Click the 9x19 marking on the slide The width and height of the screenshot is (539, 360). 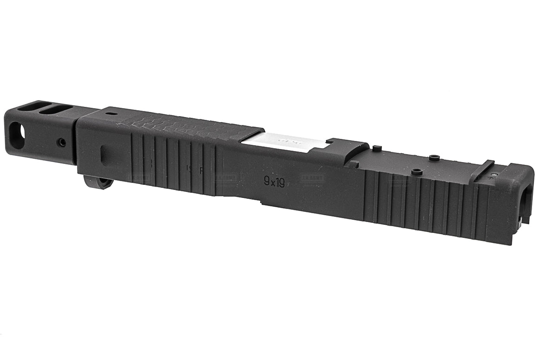click(x=274, y=182)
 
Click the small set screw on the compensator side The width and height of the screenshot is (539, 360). click(x=61, y=143)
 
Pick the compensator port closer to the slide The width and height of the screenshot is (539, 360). click(x=56, y=110)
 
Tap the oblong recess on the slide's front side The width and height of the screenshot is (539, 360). click(x=104, y=155)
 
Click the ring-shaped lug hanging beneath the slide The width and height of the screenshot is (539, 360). click(x=99, y=182)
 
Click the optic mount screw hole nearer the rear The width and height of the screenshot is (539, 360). click(x=434, y=158)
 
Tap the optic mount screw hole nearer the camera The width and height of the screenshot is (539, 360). click(x=417, y=172)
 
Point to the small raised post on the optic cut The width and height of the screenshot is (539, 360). click(x=377, y=148)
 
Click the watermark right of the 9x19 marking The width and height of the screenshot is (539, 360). click(x=312, y=178)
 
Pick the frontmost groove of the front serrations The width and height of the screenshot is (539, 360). click(x=133, y=158)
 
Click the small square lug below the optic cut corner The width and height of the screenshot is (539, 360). click(x=354, y=164)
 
